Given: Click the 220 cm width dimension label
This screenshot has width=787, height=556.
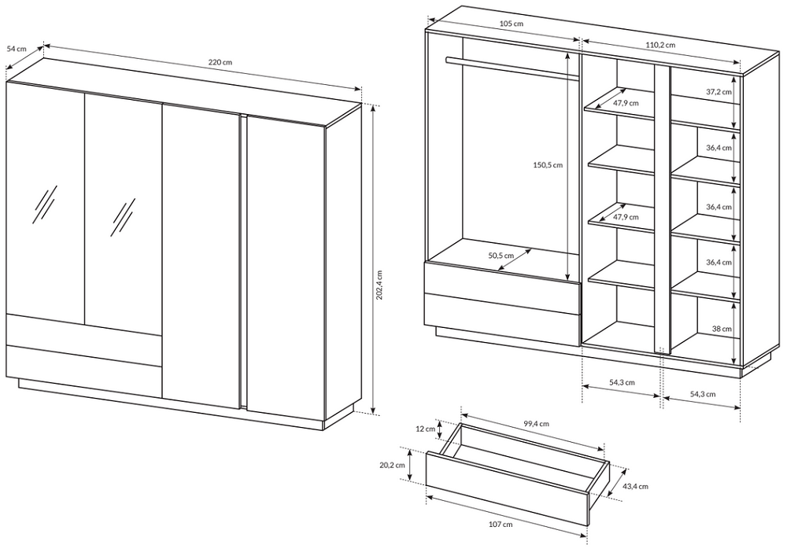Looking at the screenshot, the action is [220, 62].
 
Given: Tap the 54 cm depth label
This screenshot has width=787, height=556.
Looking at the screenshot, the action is [17, 49].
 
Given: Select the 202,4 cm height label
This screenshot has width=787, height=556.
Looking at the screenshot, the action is [379, 285].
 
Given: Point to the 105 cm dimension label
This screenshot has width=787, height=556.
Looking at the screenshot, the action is [512, 24].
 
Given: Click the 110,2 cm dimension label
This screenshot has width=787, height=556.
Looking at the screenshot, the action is [660, 45].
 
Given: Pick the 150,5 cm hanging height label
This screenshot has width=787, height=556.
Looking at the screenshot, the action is [548, 165].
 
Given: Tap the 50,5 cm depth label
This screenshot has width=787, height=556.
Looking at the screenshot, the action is [501, 255].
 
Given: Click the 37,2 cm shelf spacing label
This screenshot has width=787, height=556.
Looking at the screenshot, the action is [719, 92].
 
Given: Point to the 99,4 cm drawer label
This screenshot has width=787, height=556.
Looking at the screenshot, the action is [537, 424].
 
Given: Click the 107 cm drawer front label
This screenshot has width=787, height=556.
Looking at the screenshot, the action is [501, 525].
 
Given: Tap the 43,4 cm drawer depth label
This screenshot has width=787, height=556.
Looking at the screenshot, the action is [635, 486].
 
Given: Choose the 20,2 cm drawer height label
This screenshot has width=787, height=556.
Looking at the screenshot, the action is [392, 465].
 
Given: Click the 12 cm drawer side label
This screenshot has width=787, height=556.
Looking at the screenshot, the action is [426, 429].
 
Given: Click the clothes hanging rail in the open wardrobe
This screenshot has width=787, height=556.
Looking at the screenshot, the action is [512, 68].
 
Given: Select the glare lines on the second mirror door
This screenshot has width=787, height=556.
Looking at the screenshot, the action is [124, 217].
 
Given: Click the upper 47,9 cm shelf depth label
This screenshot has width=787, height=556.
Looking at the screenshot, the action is [626, 103].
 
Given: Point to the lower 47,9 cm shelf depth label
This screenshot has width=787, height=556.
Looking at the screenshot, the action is [626, 217].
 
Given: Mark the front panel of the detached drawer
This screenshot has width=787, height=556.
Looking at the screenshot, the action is [507, 489].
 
